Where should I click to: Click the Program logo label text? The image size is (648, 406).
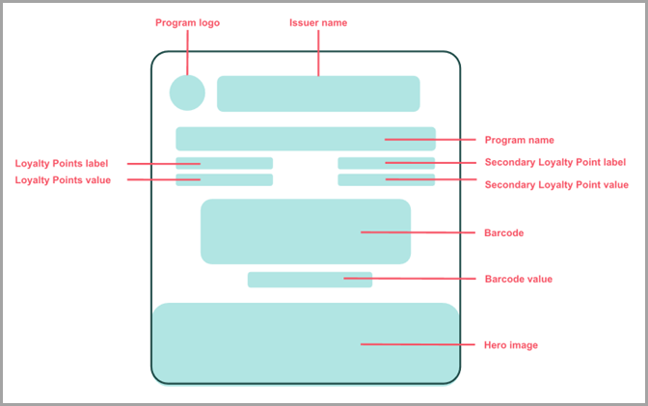point(187,22)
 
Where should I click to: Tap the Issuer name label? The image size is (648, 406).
point(318,22)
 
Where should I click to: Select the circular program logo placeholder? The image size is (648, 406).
point(187,93)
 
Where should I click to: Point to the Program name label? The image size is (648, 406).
point(519,140)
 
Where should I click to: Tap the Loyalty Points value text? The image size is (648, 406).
point(64,179)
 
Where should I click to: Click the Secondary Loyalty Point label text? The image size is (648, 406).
point(555,162)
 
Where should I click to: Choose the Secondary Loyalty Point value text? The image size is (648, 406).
point(556,184)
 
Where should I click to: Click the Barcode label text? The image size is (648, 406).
point(503,232)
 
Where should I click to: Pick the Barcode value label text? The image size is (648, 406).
point(518,279)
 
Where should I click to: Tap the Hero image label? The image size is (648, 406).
point(511,344)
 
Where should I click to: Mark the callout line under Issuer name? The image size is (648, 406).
point(318,53)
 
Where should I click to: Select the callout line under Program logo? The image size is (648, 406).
point(187,53)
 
